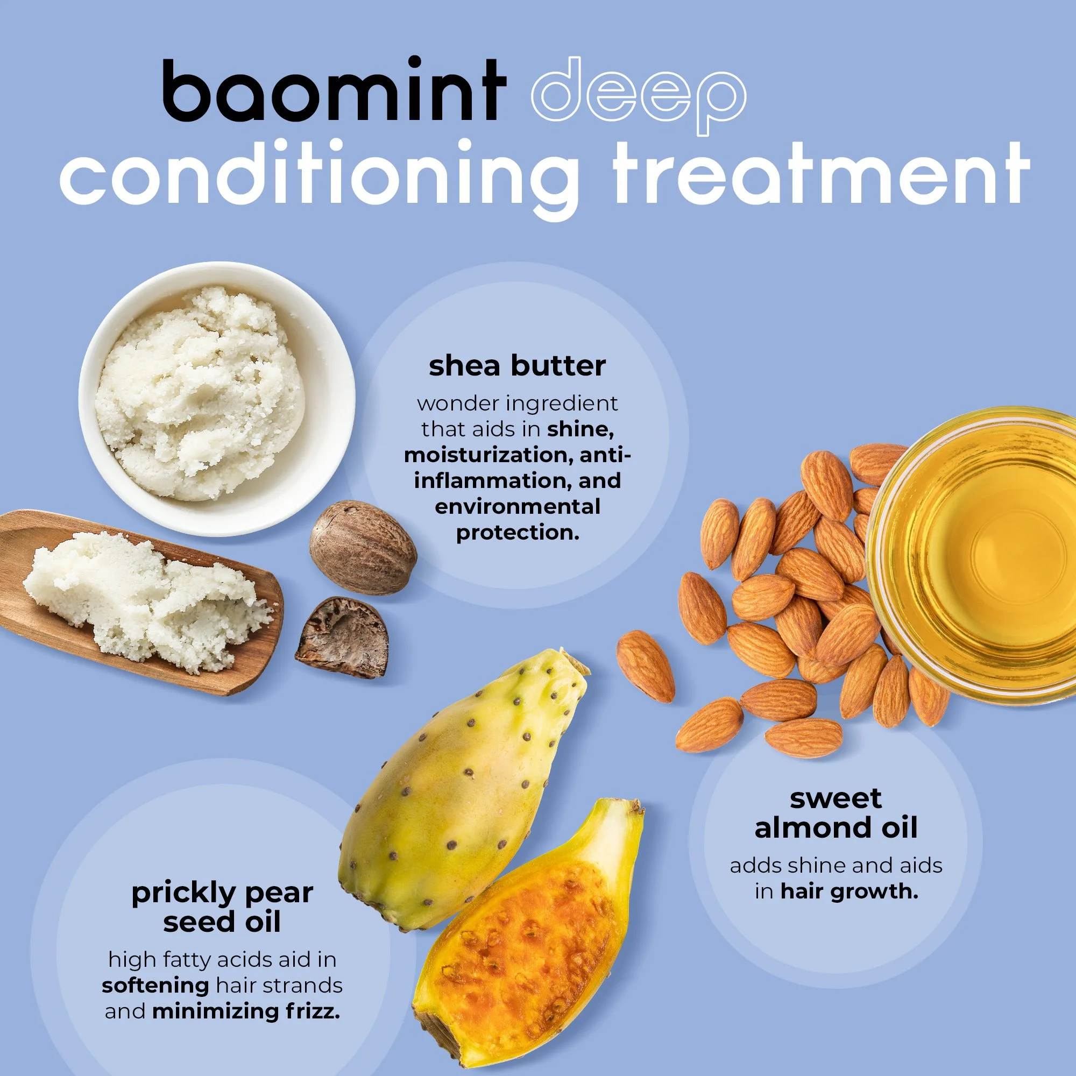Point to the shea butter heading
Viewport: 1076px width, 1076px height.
click(517, 366)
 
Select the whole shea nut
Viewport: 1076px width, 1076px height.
click(363, 548)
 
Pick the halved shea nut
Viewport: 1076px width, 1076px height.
click(343, 637)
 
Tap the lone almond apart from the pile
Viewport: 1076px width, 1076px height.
click(646, 666)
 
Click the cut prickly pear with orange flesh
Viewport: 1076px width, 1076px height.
click(529, 941)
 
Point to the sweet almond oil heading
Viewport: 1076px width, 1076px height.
click(836, 813)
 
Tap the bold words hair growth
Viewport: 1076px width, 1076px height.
click(849, 891)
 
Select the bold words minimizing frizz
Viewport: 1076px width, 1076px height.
click(246, 1011)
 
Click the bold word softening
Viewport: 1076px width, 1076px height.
click(155, 985)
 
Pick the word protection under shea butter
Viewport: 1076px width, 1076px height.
click(518, 533)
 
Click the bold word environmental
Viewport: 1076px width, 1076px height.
click(518, 507)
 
